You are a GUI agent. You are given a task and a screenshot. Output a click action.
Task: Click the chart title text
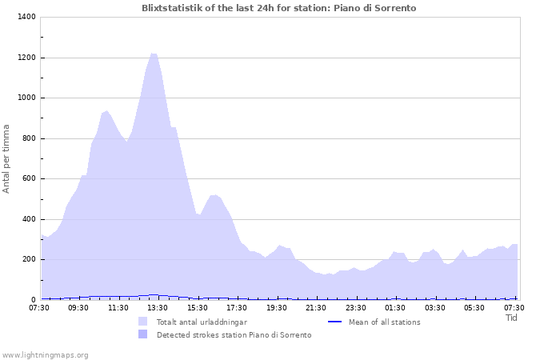pos(278,8)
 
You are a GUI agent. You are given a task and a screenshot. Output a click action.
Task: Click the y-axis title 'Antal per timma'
pos(6,158)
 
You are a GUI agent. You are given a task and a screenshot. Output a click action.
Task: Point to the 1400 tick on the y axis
pos(26,17)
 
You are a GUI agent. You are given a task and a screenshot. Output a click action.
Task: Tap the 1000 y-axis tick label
pos(26,98)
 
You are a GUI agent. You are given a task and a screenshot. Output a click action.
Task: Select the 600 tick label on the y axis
pos(28,178)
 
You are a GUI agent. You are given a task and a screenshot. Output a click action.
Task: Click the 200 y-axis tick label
pos(28,259)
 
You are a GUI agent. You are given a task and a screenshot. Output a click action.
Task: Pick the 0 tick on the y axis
pos(33,299)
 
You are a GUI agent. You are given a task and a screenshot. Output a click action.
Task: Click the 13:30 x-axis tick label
pos(158,307)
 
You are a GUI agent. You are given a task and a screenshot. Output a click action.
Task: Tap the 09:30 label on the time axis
pos(78,307)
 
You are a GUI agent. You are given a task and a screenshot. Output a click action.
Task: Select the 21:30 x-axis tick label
pos(316,307)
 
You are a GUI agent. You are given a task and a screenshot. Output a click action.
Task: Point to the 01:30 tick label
pos(395,307)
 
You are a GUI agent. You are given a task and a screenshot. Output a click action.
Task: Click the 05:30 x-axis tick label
pos(474,307)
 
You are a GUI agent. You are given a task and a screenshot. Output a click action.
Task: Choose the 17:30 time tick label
pos(237,307)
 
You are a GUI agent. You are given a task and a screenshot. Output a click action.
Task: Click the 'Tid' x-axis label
pos(511,318)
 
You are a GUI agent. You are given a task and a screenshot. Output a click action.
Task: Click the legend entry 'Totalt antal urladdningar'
pos(202,322)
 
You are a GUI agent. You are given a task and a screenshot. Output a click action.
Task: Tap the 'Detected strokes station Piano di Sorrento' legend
pos(234,334)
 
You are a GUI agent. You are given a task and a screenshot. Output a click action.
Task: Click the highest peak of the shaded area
pos(153,54)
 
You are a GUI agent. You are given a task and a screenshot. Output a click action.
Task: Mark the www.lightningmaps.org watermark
pos(45,354)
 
